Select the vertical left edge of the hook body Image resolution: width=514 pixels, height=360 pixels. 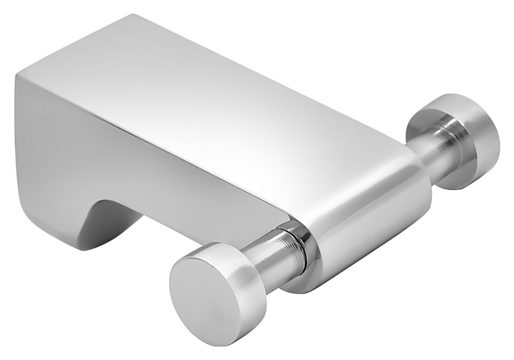(18, 143)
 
